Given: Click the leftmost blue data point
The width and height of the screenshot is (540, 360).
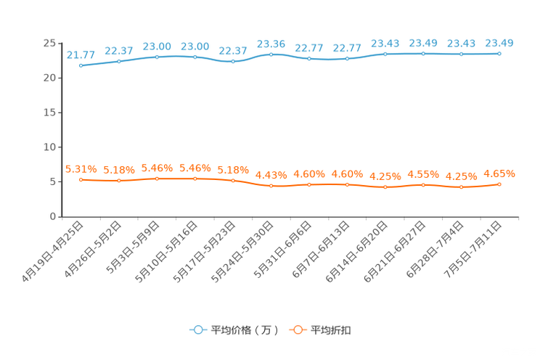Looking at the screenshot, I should (81, 65).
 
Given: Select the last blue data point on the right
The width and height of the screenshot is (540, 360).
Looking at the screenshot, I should (499, 54).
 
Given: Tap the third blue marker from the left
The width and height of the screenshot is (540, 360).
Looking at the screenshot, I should (157, 57).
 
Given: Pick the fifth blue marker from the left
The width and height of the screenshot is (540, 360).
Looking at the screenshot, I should (233, 62).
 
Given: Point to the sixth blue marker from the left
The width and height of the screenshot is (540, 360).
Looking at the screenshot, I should (271, 54).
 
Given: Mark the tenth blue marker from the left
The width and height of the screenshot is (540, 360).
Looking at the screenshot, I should (423, 54).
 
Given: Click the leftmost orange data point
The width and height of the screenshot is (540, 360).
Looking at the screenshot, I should (81, 179).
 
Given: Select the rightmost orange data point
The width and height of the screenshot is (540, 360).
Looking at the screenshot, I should (499, 184).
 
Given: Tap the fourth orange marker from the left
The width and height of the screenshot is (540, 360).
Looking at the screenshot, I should (195, 178).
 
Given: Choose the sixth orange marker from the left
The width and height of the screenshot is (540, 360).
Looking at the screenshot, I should (271, 187).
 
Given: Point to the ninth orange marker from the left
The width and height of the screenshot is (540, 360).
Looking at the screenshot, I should (385, 187).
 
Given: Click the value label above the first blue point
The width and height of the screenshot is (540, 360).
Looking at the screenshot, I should (81, 54).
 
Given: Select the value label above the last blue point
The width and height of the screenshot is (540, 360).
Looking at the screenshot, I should (499, 43).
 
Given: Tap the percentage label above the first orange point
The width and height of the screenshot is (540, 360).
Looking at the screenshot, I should (80, 168).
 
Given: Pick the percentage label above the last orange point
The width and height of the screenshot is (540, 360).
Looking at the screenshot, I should (499, 173).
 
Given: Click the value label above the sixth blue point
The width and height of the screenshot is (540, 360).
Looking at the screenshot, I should (271, 44).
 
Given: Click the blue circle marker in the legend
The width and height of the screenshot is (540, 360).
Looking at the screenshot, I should (197, 330).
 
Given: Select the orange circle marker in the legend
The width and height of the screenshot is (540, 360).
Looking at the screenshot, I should (298, 330).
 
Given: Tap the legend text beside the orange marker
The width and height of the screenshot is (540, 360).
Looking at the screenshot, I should (331, 330).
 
